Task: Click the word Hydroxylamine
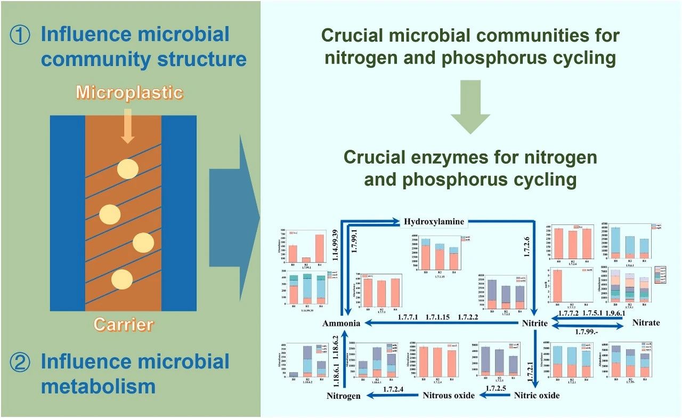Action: click(434, 221)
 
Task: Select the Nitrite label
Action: click(534, 323)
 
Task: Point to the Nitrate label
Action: click(646, 323)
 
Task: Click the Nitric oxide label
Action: click(537, 396)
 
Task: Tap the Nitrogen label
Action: click(344, 396)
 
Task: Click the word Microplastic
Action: click(129, 92)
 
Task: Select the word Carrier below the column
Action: click(123, 324)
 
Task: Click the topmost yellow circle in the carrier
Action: click(127, 168)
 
